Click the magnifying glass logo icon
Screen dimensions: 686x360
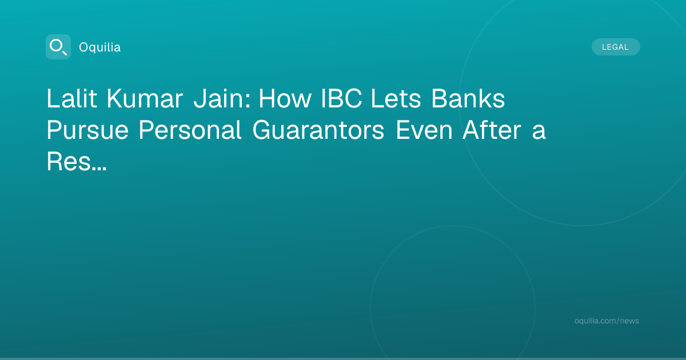58,47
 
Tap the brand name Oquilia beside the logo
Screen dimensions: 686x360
100,47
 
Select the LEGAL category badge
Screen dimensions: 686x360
616,47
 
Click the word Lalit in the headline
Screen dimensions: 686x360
71,98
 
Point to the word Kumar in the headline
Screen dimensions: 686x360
145,98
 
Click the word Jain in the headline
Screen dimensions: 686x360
220,98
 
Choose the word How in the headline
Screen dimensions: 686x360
285,98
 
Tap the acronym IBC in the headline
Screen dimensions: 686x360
341,98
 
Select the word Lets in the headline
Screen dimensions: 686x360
396,98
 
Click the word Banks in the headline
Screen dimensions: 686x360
468,98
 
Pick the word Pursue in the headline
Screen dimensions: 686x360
87,130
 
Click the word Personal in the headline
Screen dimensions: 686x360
190,130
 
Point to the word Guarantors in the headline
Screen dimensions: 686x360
318,130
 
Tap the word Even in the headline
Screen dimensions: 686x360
424,130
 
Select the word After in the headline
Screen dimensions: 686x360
492,130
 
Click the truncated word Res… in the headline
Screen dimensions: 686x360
77,161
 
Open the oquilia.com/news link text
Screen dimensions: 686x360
607,321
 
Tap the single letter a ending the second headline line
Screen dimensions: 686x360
539,133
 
